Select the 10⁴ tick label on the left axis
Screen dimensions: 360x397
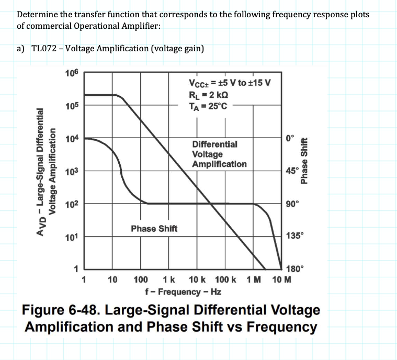point(72,139)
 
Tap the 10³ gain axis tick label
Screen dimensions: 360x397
point(72,172)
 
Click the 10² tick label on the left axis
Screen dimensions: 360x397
point(72,205)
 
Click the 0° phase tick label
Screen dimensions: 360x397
point(290,138)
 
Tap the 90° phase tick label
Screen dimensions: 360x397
point(292,204)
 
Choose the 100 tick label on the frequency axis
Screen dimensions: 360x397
point(140,280)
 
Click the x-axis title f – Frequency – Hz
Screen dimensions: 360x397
point(182,291)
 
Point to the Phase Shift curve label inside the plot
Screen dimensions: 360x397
point(154,229)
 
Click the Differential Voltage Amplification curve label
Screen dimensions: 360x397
point(219,154)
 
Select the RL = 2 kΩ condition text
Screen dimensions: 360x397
point(208,94)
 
